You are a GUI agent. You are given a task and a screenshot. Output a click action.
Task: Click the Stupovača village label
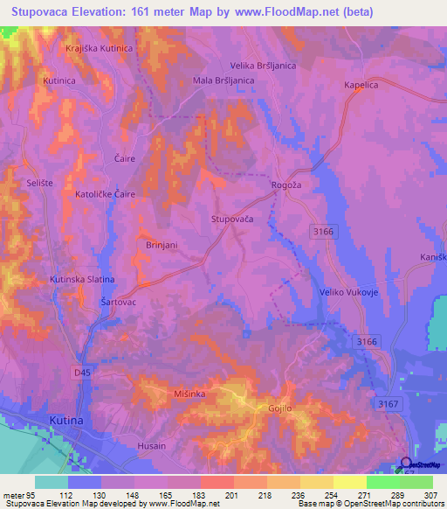pos(232,220)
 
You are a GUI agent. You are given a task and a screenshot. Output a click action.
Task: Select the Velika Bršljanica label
pos(263,66)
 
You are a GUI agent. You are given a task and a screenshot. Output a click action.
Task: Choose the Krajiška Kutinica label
pos(99,48)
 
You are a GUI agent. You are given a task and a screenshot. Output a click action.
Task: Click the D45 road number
pos(81,373)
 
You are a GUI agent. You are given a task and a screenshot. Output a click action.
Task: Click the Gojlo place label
pos(274,408)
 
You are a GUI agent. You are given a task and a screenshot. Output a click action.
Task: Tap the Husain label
pos(152,446)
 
